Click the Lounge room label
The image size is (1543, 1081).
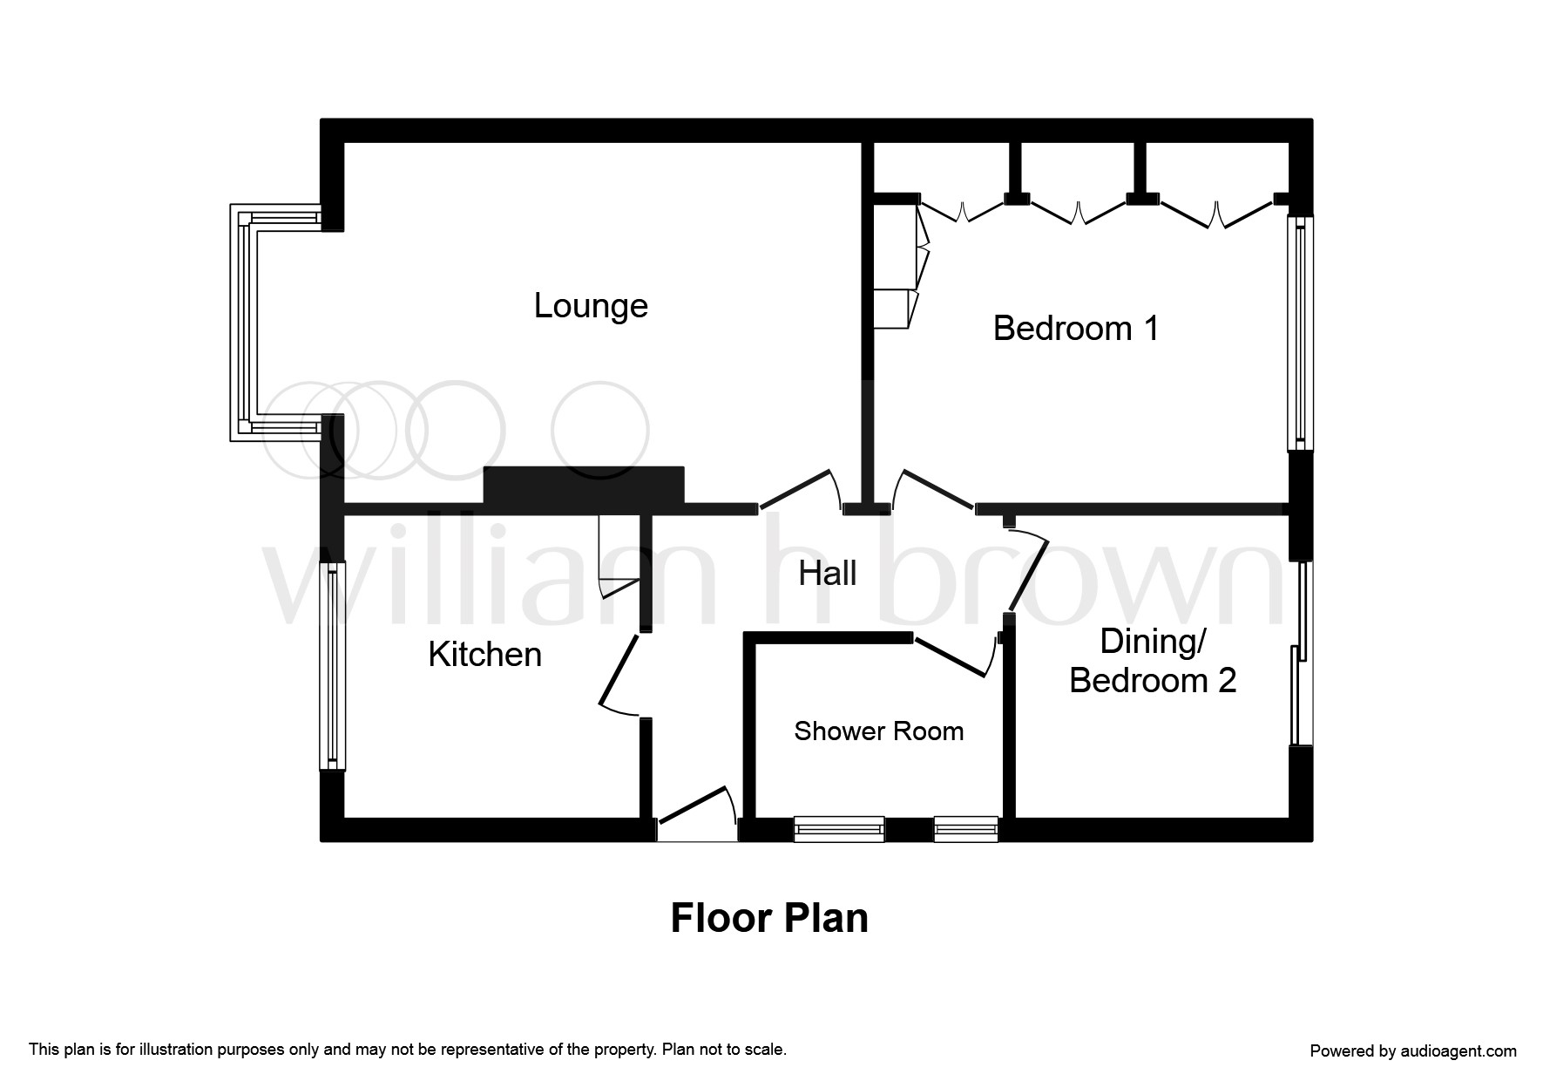pos(591,306)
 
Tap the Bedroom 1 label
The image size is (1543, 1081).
pos(1076,329)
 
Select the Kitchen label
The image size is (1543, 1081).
pos(484,655)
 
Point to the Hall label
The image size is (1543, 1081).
pos(828,574)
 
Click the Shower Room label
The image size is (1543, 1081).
pos(879,731)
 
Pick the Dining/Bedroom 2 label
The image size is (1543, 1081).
pos(1153,661)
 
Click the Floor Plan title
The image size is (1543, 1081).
pos(769,919)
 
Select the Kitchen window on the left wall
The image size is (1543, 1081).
pos(332,666)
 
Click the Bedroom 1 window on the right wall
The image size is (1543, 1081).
pos(1301,333)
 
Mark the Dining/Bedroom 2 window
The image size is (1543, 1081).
pos(1301,653)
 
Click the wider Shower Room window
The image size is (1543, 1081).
pos(839,829)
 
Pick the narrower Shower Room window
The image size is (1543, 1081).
pos(965,829)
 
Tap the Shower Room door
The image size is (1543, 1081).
pos(954,655)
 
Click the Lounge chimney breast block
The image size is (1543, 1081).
pos(584,486)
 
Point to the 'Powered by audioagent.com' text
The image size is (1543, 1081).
pos(1413,1051)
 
